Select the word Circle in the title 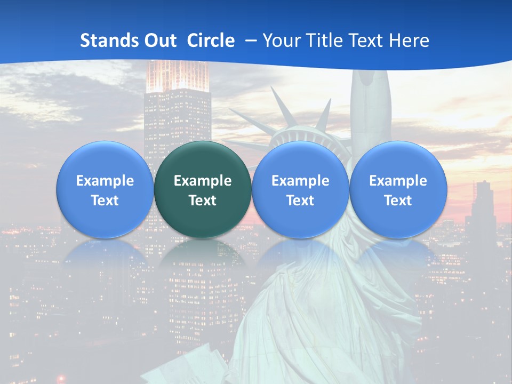click(x=211, y=41)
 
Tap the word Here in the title click(x=409, y=41)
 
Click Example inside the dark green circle click(x=203, y=181)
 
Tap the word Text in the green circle click(x=203, y=201)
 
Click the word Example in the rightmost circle click(x=398, y=181)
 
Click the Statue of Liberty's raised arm click(x=371, y=101)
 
